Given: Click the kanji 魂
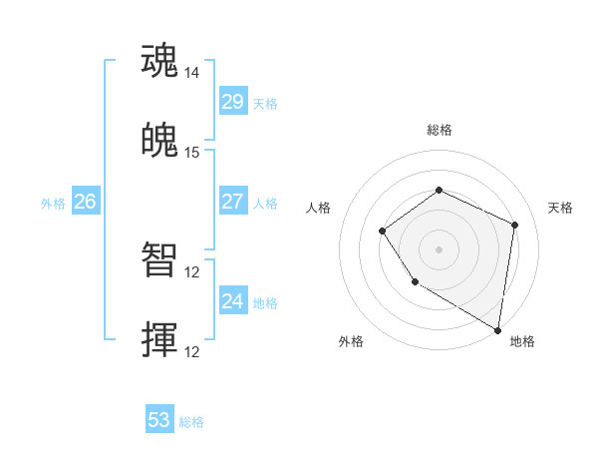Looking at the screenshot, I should tap(160, 61).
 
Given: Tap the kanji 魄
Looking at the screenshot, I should tap(160, 141).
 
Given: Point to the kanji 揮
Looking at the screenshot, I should tap(160, 339).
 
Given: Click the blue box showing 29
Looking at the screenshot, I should tap(232, 102).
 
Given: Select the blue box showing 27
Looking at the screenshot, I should tap(232, 202).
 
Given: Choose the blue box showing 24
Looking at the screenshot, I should tap(232, 301).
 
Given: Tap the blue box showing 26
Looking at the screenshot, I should tap(85, 202).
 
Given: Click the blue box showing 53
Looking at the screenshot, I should tap(159, 420).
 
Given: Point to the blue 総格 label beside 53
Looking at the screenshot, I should tap(191, 422).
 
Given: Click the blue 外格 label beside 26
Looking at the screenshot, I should tap(53, 204).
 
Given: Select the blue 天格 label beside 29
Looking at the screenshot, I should tap(265, 104).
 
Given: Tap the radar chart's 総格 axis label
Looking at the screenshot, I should tap(439, 131).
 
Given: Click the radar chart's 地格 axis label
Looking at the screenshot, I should tap(522, 341).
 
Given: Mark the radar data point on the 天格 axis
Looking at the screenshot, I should tap(515, 225).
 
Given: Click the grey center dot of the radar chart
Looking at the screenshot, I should tap(439, 249).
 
